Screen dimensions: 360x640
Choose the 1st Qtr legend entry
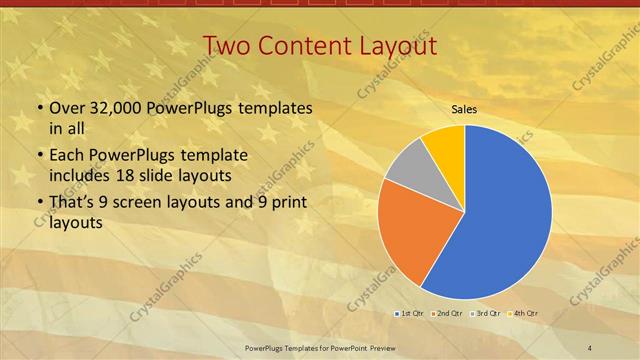click(408, 314)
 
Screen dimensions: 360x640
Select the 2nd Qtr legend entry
click(446, 314)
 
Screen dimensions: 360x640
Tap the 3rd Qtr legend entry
click(485, 314)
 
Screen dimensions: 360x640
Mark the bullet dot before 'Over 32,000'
click(39, 108)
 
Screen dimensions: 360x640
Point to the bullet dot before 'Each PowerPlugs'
click(39, 157)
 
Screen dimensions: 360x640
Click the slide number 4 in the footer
click(590, 348)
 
